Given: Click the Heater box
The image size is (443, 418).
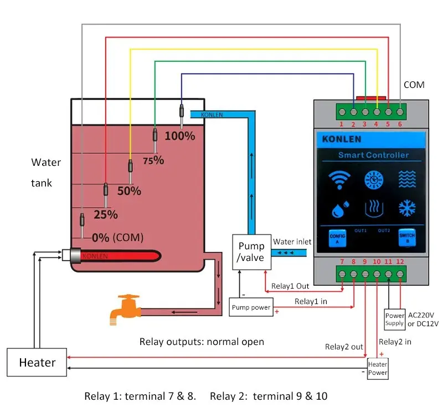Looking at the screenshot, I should point(37,363).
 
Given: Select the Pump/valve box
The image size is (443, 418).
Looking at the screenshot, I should point(251,252).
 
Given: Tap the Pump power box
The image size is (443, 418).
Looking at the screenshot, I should point(251,307).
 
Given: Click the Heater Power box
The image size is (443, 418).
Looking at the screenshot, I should point(378,368).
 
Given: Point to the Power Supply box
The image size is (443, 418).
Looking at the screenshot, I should point(395,320).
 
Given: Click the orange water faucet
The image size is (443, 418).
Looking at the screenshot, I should point(125,308).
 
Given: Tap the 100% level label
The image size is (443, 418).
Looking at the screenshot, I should point(180,135).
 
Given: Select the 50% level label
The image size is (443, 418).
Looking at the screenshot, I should point(129,191).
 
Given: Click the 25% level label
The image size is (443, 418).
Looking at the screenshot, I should point(105,214).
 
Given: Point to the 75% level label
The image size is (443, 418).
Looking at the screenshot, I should point(154,160).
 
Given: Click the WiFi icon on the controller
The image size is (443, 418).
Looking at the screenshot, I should point(339,180).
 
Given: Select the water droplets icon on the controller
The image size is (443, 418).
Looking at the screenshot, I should point(339,210).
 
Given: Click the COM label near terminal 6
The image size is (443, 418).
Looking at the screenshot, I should point(414,85).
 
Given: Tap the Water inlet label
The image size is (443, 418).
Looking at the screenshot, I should point(292,242).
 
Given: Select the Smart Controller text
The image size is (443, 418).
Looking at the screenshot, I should point(373,155).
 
